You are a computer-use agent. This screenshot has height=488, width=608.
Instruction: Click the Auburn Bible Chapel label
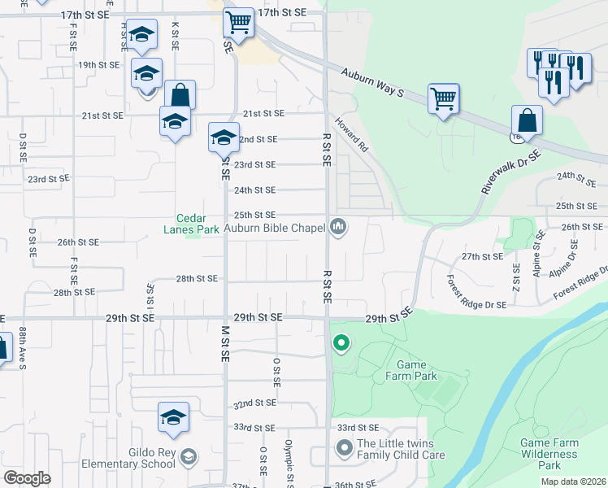point(275,228)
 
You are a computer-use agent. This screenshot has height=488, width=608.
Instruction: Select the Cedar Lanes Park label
point(198,224)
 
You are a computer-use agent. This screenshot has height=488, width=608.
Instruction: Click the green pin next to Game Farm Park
point(341,344)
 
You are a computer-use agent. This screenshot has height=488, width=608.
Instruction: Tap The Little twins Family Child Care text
point(401,449)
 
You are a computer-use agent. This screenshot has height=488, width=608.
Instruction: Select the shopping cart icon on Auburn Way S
point(443,98)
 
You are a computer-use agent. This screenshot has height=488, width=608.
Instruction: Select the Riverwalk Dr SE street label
point(510,172)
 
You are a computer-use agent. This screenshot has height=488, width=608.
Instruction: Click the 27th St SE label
point(483,256)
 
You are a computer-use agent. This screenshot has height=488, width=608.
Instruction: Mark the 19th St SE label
point(98,64)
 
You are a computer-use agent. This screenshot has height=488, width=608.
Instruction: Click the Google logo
point(27,478)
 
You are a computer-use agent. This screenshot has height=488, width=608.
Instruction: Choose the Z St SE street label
point(515,278)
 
